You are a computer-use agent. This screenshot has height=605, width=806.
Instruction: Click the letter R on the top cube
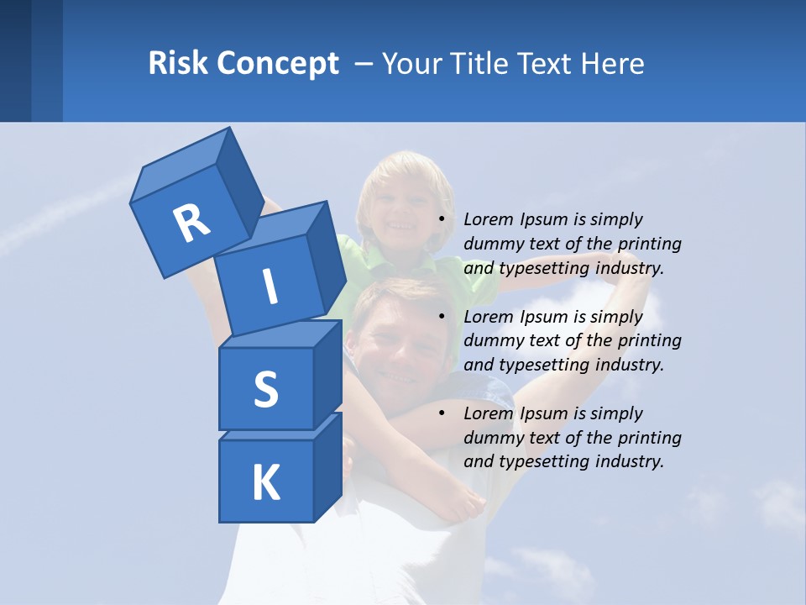pyautogui.click(x=191, y=224)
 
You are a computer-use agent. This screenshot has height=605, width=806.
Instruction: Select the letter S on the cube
pyautogui.click(x=265, y=389)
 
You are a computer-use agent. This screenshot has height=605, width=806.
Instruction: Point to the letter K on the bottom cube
pyautogui.click(x=265, y=483)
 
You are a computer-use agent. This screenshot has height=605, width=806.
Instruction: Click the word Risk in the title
pyautogui.click(x=176, y=63)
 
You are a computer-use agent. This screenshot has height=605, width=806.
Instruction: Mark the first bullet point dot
pyautogui.click(x=442, y=220)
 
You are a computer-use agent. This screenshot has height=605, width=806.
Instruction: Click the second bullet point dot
pyautogui.click(x=442, y=318)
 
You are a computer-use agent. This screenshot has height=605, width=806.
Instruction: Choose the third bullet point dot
pyautogui.click(x=442, y=414)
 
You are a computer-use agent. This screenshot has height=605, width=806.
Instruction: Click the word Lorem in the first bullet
pyautogui.click(x=488, y=220)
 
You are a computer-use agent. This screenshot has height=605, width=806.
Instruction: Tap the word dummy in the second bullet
pyautogui.click(x=491, y=341)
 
